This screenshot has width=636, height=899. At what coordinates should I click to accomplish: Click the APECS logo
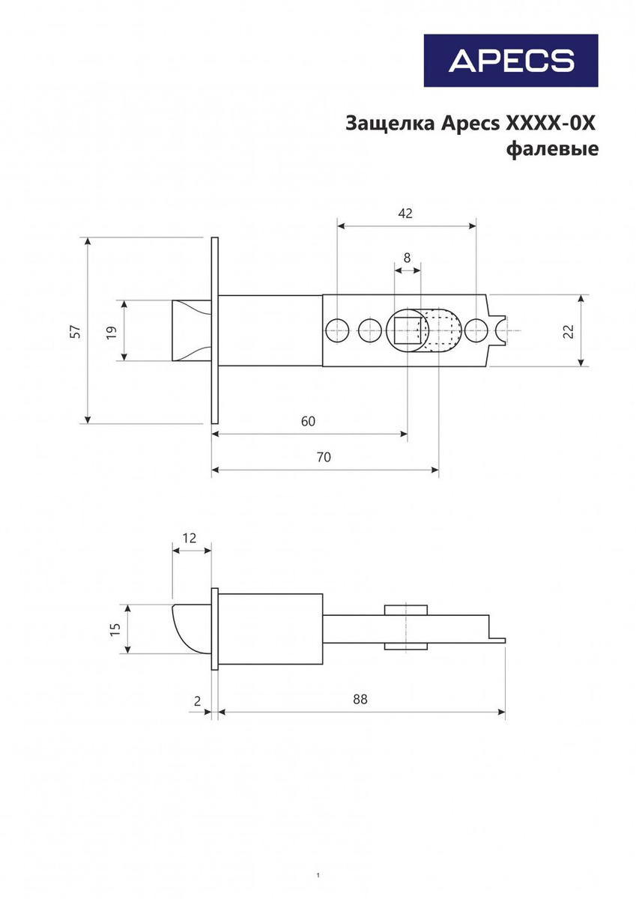[511, 60]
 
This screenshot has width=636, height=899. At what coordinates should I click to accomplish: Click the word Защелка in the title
[390, 124]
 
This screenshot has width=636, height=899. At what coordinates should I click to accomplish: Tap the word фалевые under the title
[552, 149]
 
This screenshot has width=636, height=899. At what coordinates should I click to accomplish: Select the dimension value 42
[405, 214]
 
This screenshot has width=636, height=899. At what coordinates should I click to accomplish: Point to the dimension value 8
[408, 258]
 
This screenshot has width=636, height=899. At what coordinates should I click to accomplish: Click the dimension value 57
[76, 330]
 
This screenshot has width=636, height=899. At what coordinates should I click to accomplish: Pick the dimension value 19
[112, 332]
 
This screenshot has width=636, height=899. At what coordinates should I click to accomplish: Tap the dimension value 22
[569, 331]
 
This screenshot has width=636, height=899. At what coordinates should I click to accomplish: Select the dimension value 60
[308, 421]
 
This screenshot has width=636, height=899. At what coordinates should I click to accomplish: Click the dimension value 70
[324, 457]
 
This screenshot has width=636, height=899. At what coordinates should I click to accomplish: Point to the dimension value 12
[190, 538]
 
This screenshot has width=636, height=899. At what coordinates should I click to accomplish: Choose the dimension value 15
[115, 629]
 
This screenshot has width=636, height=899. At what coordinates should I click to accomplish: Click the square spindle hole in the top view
[408, 330]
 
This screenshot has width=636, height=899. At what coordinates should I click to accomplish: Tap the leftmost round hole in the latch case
[337, 330]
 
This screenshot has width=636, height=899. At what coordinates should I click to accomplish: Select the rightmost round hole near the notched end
[476, 330]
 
